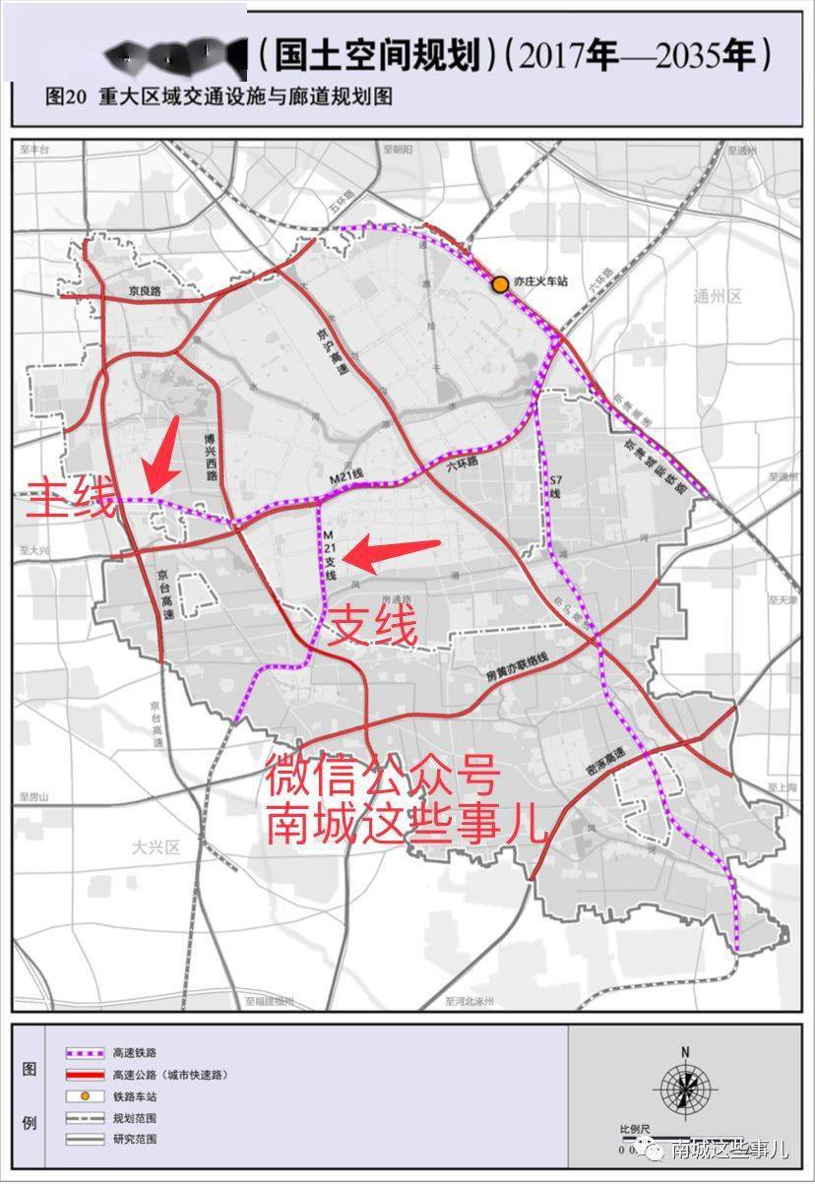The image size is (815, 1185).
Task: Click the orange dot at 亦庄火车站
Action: (500, 284)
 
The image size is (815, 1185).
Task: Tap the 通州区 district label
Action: (716, 296)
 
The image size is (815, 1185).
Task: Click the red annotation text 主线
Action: (72, 499)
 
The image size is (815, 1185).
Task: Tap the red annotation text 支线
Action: (372, 625)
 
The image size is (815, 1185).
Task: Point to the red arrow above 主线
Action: (161, 453)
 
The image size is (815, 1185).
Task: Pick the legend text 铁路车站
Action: (135, 1096)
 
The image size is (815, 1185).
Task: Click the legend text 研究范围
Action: (135, 1140)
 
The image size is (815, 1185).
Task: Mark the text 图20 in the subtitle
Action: (65, 98)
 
